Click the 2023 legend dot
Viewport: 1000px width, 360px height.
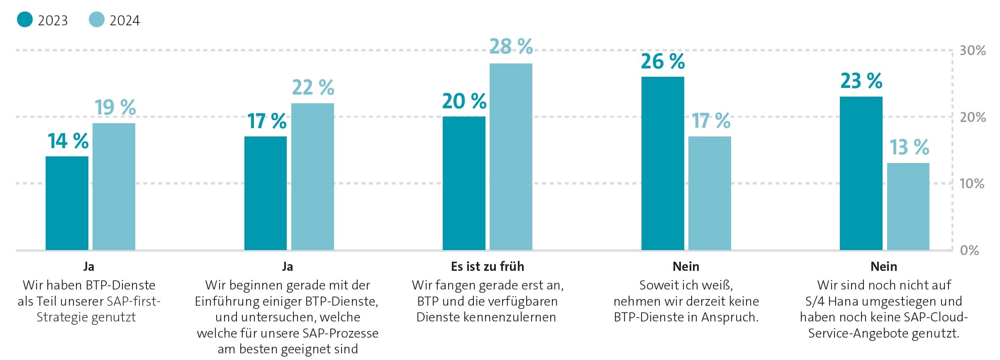(24, 19)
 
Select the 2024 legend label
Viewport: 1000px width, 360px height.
(124, 21)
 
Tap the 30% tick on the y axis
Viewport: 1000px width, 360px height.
(973, 51)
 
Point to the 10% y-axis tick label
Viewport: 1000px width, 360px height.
(972, 183)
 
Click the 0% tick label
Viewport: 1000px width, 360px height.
(969, 250)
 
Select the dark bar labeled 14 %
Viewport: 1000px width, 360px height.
(67, 203)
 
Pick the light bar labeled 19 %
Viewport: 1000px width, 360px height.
(114, 187)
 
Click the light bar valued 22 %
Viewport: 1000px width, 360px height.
(312, 177)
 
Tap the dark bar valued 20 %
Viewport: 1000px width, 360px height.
(464, 183)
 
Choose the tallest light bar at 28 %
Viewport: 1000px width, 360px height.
(511, 157)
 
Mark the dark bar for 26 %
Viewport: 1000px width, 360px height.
(663, 163)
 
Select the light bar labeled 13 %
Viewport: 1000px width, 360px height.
(908, 207)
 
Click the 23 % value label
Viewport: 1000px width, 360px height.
(861, 81)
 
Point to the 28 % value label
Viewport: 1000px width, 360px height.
(511, 46)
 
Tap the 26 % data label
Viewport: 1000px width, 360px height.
(663, 61)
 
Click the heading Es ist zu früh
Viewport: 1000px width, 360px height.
(488, 266)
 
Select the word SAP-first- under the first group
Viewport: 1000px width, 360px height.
(134, 301)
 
